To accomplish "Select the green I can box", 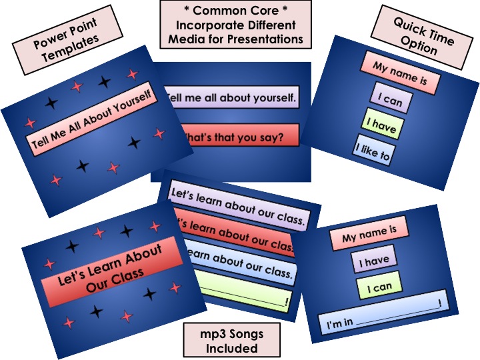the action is [379, 286].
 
